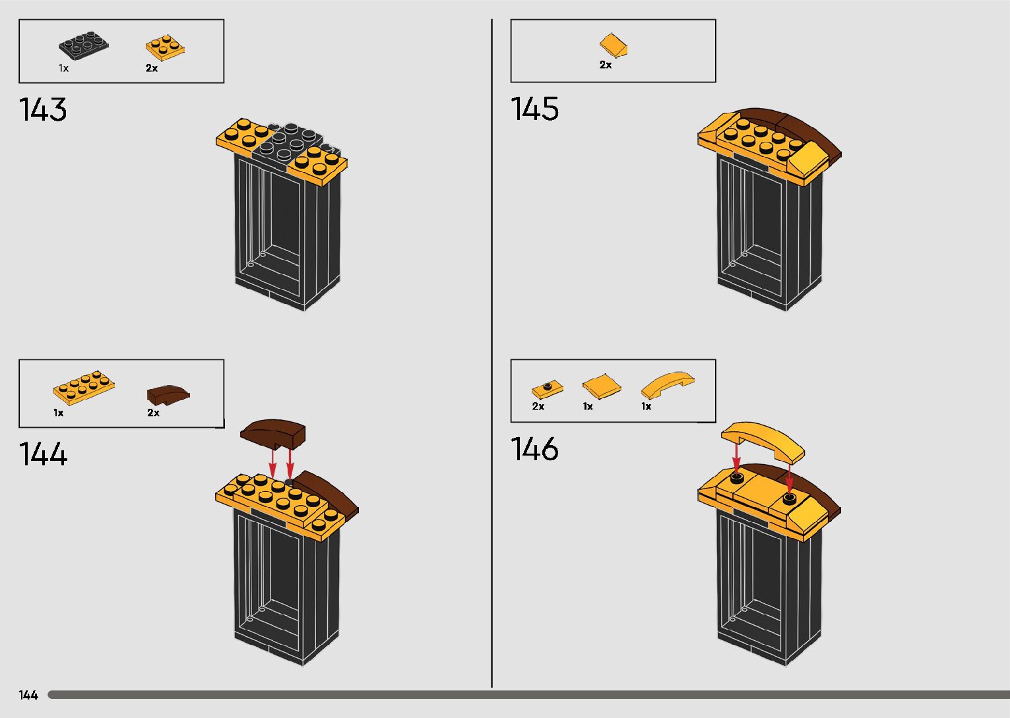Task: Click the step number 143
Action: (x=43, y=109)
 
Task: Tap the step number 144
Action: (x=43, y=454)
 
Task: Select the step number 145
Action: (x=534, y=109)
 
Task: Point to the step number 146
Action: (x=534, y=449)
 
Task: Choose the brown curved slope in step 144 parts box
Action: (x=168, y=395)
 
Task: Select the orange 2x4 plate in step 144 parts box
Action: (x=83, y=388)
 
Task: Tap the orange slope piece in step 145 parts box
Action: (x=613, y=46)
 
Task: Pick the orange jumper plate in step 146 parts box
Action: (x=547, y=389)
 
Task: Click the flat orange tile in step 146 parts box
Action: (x=602, y=386)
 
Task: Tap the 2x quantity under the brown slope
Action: (x=153, y=413)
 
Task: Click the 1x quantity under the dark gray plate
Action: (x=63, y=68)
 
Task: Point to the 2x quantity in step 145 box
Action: (x=606, y=65)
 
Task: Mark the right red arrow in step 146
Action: (x=789, y=478)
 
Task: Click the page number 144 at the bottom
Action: (x=28, y=695)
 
